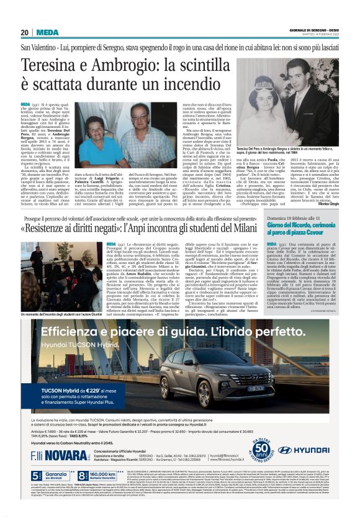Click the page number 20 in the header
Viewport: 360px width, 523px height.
(x=24, y=33)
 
